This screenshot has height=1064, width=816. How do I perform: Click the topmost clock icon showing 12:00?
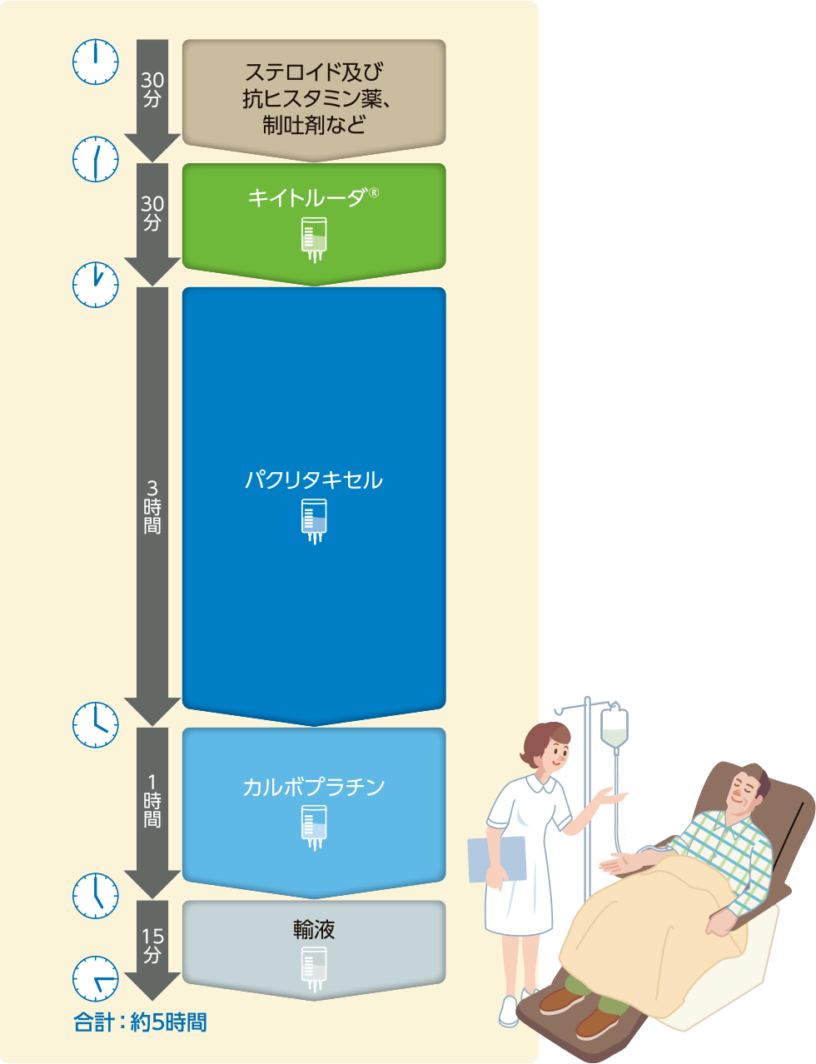96,62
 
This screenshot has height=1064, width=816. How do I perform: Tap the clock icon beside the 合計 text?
96,979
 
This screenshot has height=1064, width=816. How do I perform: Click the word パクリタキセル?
313,480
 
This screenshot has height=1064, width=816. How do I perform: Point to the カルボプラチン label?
313,787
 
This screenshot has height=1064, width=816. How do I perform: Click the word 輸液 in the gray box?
314,930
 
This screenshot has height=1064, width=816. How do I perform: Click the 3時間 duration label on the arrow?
152,506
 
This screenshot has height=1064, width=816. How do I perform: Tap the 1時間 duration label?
152,800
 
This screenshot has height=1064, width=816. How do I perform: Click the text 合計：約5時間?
141,1022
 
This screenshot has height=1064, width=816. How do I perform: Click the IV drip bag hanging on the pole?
614,727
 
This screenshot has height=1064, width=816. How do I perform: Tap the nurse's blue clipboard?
496,858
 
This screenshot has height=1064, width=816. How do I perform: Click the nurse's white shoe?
508,1011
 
